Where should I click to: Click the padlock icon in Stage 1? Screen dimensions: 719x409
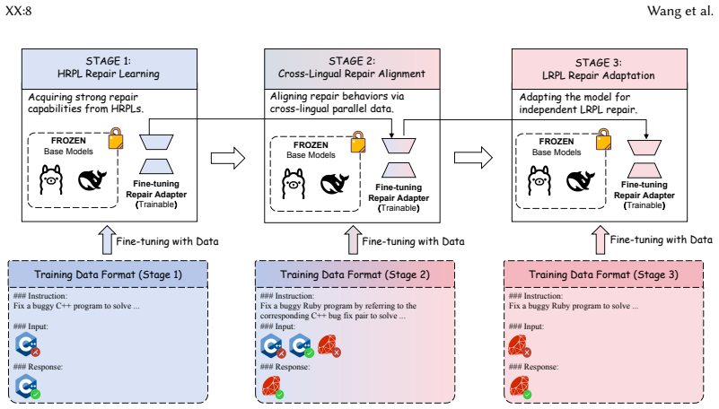pyautogui.click(x=116, y=138)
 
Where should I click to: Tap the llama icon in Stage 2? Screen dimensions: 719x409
pyautogui.click(x=293, y=184)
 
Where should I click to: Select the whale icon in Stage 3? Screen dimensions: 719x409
pyautogui.click(x=581, y=180)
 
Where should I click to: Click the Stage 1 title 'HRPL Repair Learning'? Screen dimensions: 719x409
pyautogui.click(x=109, y=74)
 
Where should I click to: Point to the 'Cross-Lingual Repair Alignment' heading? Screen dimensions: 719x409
pyautogui.click(x=352, y=74)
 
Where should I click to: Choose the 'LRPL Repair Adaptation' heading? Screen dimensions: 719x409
pyautogui.click(x=599, y=75)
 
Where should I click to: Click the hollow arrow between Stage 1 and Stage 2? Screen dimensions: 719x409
pyautogui.click(x=228, y=159)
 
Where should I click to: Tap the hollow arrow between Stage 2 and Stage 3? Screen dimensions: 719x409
pyautogui.click(x=473, y=158)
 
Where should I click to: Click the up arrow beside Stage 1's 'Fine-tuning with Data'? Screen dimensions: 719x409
pyautogui.click(x=108, y=239)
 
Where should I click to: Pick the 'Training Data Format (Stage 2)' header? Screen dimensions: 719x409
pyautogui.click(x=355, y=274)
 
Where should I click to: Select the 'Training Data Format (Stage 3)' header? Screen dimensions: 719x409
pyautogui.click(x=603, y=274)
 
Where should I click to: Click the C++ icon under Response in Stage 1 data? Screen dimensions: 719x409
pyautogui.click(x=28, y=386)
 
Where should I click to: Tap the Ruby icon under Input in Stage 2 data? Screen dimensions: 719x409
pyautogui.click(x=329, y=346)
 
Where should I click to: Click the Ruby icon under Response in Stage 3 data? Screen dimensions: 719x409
pyautogui.click(x=520, y=387)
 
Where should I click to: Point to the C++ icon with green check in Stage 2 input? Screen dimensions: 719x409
pyautogui.click(x=302, y=346)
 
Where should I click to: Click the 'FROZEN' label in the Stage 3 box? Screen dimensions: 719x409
pyautogui.click(x=557, y=142)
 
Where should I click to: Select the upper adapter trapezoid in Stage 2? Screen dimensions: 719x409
pyautogui.click(x=399, y=145)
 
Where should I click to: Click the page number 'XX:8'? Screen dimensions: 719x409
pyautogui.click(x=18, y=11)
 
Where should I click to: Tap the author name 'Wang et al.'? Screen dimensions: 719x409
pyautogui.click(x=680, y=11)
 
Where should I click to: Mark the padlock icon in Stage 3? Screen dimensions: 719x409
pyautogui.click(x=603, y=139)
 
